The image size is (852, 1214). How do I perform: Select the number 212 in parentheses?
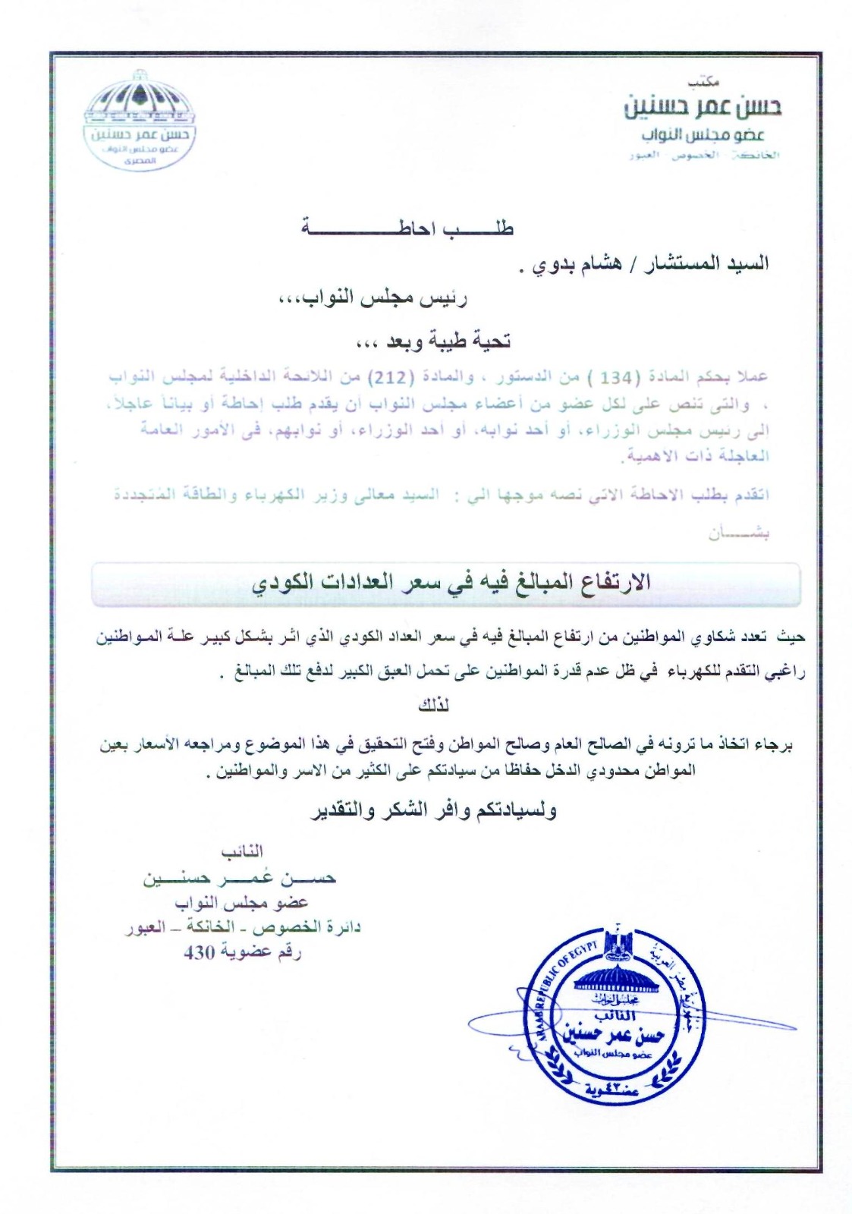pyautogui.click(x=385, y=377)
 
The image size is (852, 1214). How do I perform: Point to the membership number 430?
pyautogui.click(x=200, y=953)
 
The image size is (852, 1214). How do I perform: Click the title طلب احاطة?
pyautogui.click(x=407, y=228)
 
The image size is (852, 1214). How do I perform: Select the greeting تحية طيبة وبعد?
pyautogui.click(x=433, y=341)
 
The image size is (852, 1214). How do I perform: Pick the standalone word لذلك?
pyautogui.click(x=433, y=706)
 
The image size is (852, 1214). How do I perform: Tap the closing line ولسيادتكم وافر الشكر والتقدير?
pyautogui.click(x=433, y=811)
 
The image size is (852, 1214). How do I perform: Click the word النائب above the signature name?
pyautogui.click(x=242, y=853)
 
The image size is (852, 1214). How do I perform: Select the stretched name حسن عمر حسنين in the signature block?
pyautogui.click(x=240, y=879)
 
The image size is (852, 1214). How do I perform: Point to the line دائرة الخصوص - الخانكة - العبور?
pyautogui.click(x=243, y=928)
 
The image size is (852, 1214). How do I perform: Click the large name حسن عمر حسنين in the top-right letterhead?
pyautogui.click(x=703, y=108)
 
